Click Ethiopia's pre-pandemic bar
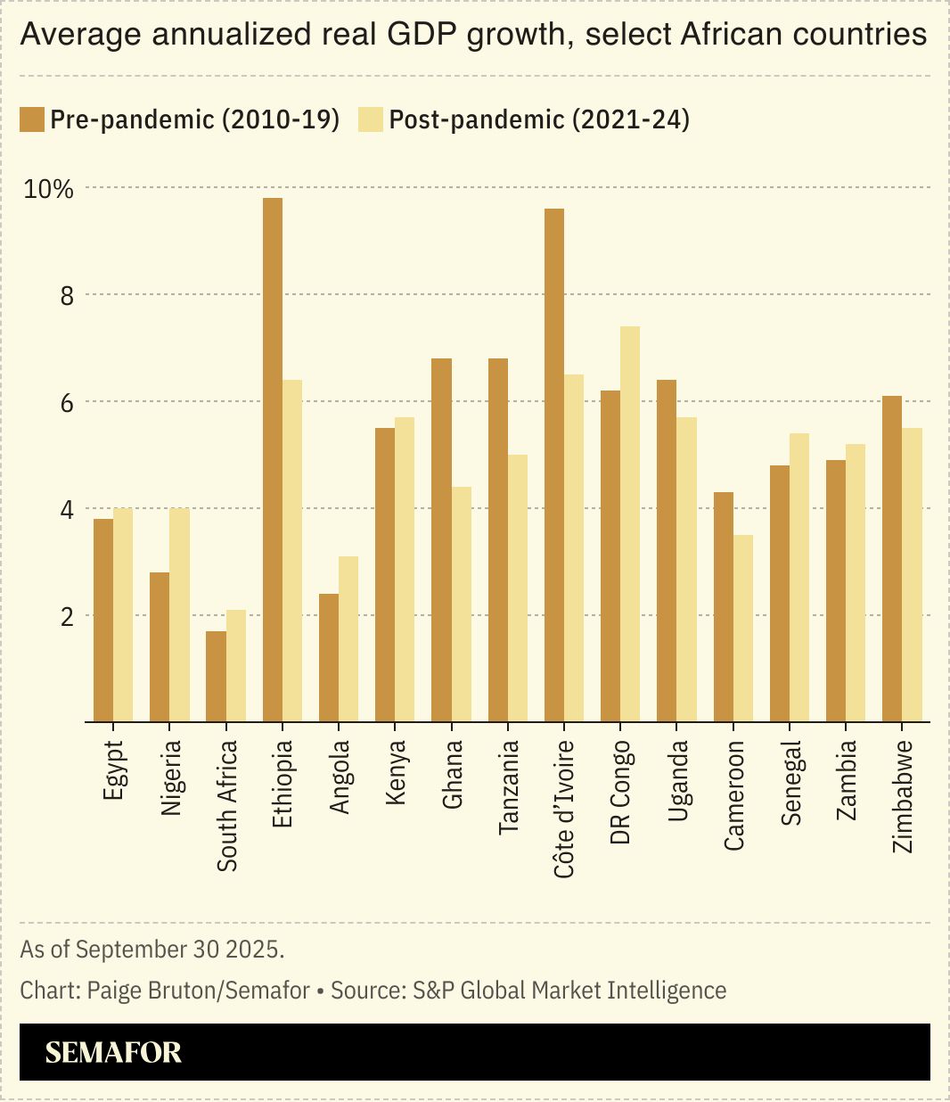(x=273, y=459)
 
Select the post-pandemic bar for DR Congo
(x=630, y=524)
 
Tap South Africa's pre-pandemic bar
(x=216, y=677)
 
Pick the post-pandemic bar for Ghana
(x=462, y=604)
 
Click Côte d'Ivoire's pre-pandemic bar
(x=554, y=465)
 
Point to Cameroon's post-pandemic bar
(x=743, y=629)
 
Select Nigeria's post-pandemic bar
(x=180, y=615)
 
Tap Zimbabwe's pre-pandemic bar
(x=892, y=559)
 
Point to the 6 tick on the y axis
(x=67, y=403)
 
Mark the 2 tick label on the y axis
(x=67, y=617)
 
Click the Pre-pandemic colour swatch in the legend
(x=32, y=119)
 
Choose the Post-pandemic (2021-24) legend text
(x=539, y=119)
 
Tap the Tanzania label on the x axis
(x=509, y=787)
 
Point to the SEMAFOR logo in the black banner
(x=113, y=1053)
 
